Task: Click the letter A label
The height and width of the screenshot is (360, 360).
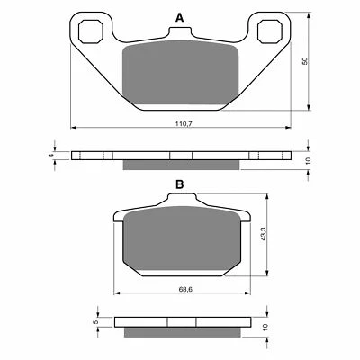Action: pyautogui.click(x=179, y=18)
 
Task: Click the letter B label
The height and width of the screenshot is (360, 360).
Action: pyautogui.click(x=179, y=184)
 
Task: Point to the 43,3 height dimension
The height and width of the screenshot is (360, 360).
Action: pyautogui.click(x=263, y=234)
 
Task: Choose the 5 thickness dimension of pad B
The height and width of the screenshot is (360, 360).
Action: pyautogui.click(x=96, y=320)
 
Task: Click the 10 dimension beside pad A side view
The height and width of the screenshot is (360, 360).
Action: pyautogui.click(x=307, y=159)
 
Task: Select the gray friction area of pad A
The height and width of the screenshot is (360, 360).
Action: pyautogui.click(x=179, y=76)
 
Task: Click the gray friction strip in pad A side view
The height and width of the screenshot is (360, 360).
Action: pyautogui.click(x=179, y=164)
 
